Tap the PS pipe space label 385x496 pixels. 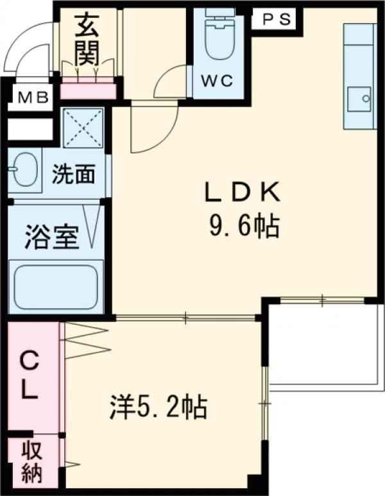tap(277, 19)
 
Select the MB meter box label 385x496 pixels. tap(33, 98)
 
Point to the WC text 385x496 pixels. tap(218, 81)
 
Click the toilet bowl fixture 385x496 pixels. tap(219, 34)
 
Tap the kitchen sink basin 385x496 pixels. tap(359, 99)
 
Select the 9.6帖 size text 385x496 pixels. tap(244, 226)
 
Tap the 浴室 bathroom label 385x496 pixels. tap(51, 237)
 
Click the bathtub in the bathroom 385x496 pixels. tap(56, 287)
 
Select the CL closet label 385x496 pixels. tap(30, 377)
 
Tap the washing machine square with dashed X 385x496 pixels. tap(83, 128)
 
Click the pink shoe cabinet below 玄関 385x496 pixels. tap(88, 88)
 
